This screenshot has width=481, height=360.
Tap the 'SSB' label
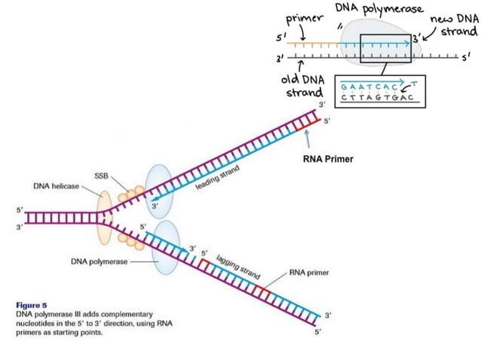(101, 175)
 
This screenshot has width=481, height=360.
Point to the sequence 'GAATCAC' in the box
(369, 85)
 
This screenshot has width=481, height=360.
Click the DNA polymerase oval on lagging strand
(167, 246)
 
